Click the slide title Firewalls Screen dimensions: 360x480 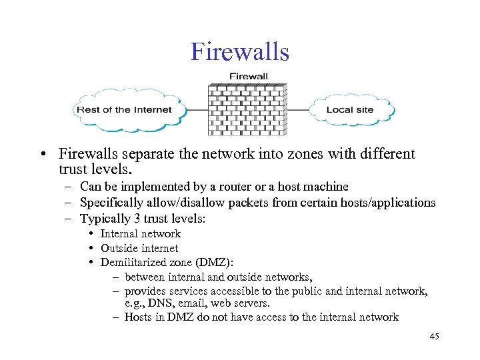[239, 51]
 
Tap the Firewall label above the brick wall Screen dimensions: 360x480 [248, 76]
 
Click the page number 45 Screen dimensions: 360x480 [435, 337]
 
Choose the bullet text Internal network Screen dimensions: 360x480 [140, 233]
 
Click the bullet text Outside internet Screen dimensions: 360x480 [139, 248]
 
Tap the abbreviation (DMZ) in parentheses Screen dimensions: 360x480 [219, 262]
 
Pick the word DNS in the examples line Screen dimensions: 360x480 [159, 304]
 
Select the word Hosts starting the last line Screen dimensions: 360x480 [138, 317]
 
